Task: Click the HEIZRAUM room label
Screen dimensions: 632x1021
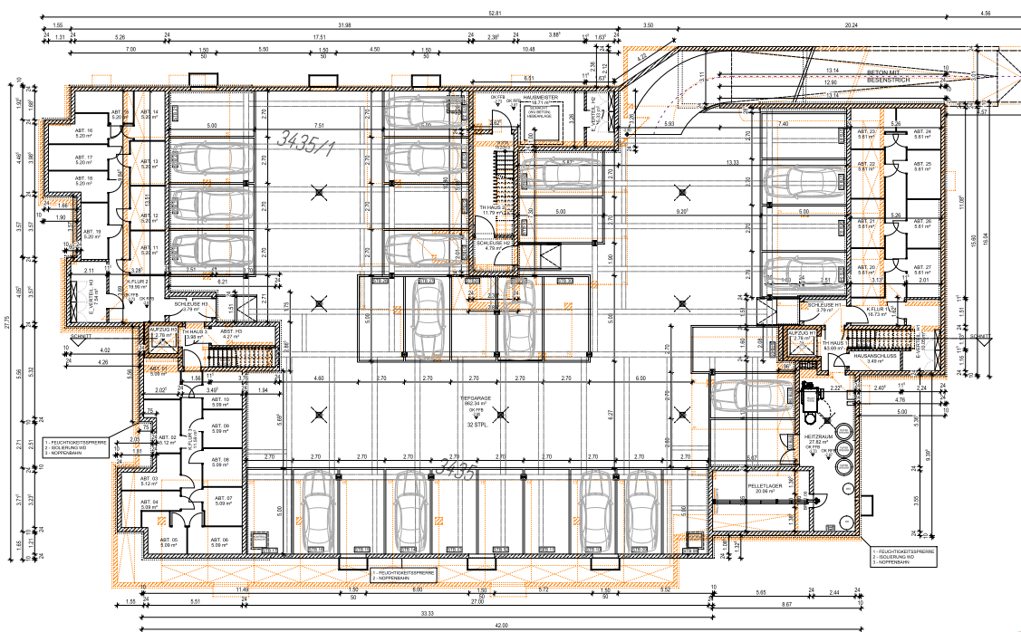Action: pyautogui.click(x=818, y=437)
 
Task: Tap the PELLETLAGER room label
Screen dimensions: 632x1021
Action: pyautogui.click(x=764, y=486)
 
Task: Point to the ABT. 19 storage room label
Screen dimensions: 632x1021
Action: pyautogui.click(x=91, y=234)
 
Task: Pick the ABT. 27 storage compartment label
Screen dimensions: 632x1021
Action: pyautogui.click(x=922, y=268)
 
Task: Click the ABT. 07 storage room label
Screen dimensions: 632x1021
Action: pyautogui.click(x=223, y=500)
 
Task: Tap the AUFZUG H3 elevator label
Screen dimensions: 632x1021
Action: pyautogui.click(x=163, y=330)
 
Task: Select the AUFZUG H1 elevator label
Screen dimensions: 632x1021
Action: pyautogui.click(x=803, y=334)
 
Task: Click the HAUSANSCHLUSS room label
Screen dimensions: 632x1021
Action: pyautogui.click(x=875, y=356)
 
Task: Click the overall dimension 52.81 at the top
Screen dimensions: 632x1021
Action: pyautogui.click(x=520, y=13)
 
